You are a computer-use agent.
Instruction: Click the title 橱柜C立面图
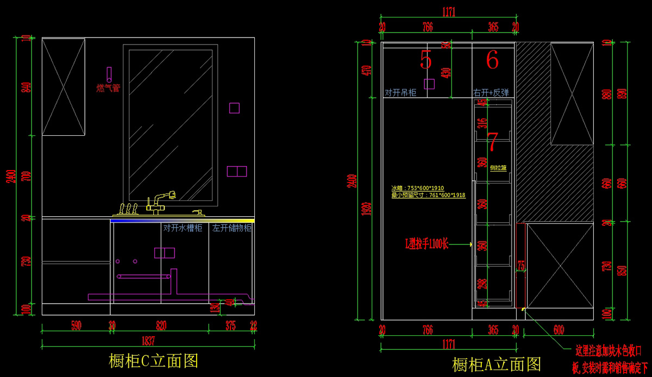tap(153, 360)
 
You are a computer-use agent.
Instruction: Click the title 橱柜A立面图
tap(496, 364)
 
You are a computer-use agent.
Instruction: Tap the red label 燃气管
tap(108, 88)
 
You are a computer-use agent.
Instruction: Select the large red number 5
tap(426, 60)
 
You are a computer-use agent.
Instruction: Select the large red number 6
tap(492, 60)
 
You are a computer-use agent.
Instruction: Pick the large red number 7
tap(492, 141)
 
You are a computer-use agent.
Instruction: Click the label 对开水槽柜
tap(183, 228)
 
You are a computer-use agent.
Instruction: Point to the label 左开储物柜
tap(232, 228)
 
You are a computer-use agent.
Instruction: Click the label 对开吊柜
tap(400, 93)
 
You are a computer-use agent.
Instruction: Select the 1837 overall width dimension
tap(148, 341)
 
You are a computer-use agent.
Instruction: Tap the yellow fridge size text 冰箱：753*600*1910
tap(417, 188)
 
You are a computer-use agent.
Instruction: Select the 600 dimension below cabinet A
tap(559, 330)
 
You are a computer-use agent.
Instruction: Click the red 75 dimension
tap(521, 266)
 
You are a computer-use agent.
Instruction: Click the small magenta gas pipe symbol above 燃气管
tap(109, 74)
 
